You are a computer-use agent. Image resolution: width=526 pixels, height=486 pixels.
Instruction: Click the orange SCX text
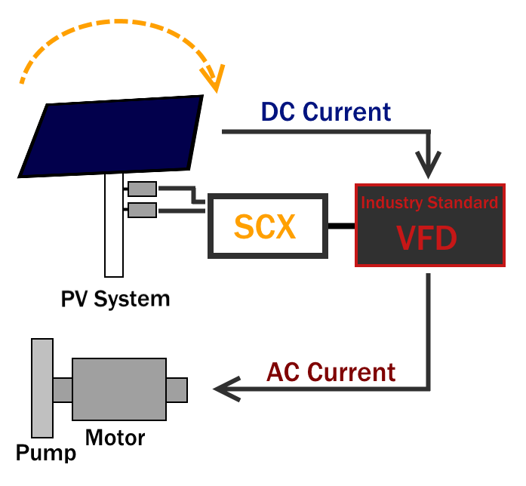tap(265, 226)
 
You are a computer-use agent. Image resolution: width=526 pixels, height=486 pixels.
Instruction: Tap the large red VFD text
tap(427, 238)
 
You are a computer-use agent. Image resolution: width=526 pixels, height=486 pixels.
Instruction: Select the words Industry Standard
tap(429, 202)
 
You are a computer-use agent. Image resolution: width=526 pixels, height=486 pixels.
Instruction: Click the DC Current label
tap(326, 112)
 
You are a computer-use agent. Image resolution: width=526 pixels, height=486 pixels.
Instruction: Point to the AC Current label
tap(331, 372)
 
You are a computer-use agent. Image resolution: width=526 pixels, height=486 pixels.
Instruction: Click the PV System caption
tap(115, 298)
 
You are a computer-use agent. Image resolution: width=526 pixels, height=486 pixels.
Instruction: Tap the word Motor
tap(115, 436)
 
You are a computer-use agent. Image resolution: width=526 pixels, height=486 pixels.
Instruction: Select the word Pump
tap(46, 453)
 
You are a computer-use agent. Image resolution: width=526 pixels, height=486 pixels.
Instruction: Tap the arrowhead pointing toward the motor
tap(224, 389)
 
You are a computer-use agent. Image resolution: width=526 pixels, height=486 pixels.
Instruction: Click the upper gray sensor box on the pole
tap(142, 189)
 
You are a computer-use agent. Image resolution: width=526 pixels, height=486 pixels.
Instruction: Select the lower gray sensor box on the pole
tap(142, 209)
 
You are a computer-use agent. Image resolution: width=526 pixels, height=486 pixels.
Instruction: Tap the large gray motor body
tap(118, 389)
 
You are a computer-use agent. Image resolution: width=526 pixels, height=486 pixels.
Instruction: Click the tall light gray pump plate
tap(42, 388)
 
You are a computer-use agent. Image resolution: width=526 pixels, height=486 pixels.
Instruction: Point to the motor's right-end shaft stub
tap(177, 389)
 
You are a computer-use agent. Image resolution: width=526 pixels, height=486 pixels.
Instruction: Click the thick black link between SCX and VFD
tap(343, 225)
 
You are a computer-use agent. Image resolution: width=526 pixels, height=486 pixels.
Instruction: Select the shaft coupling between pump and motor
tap(62, 389)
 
